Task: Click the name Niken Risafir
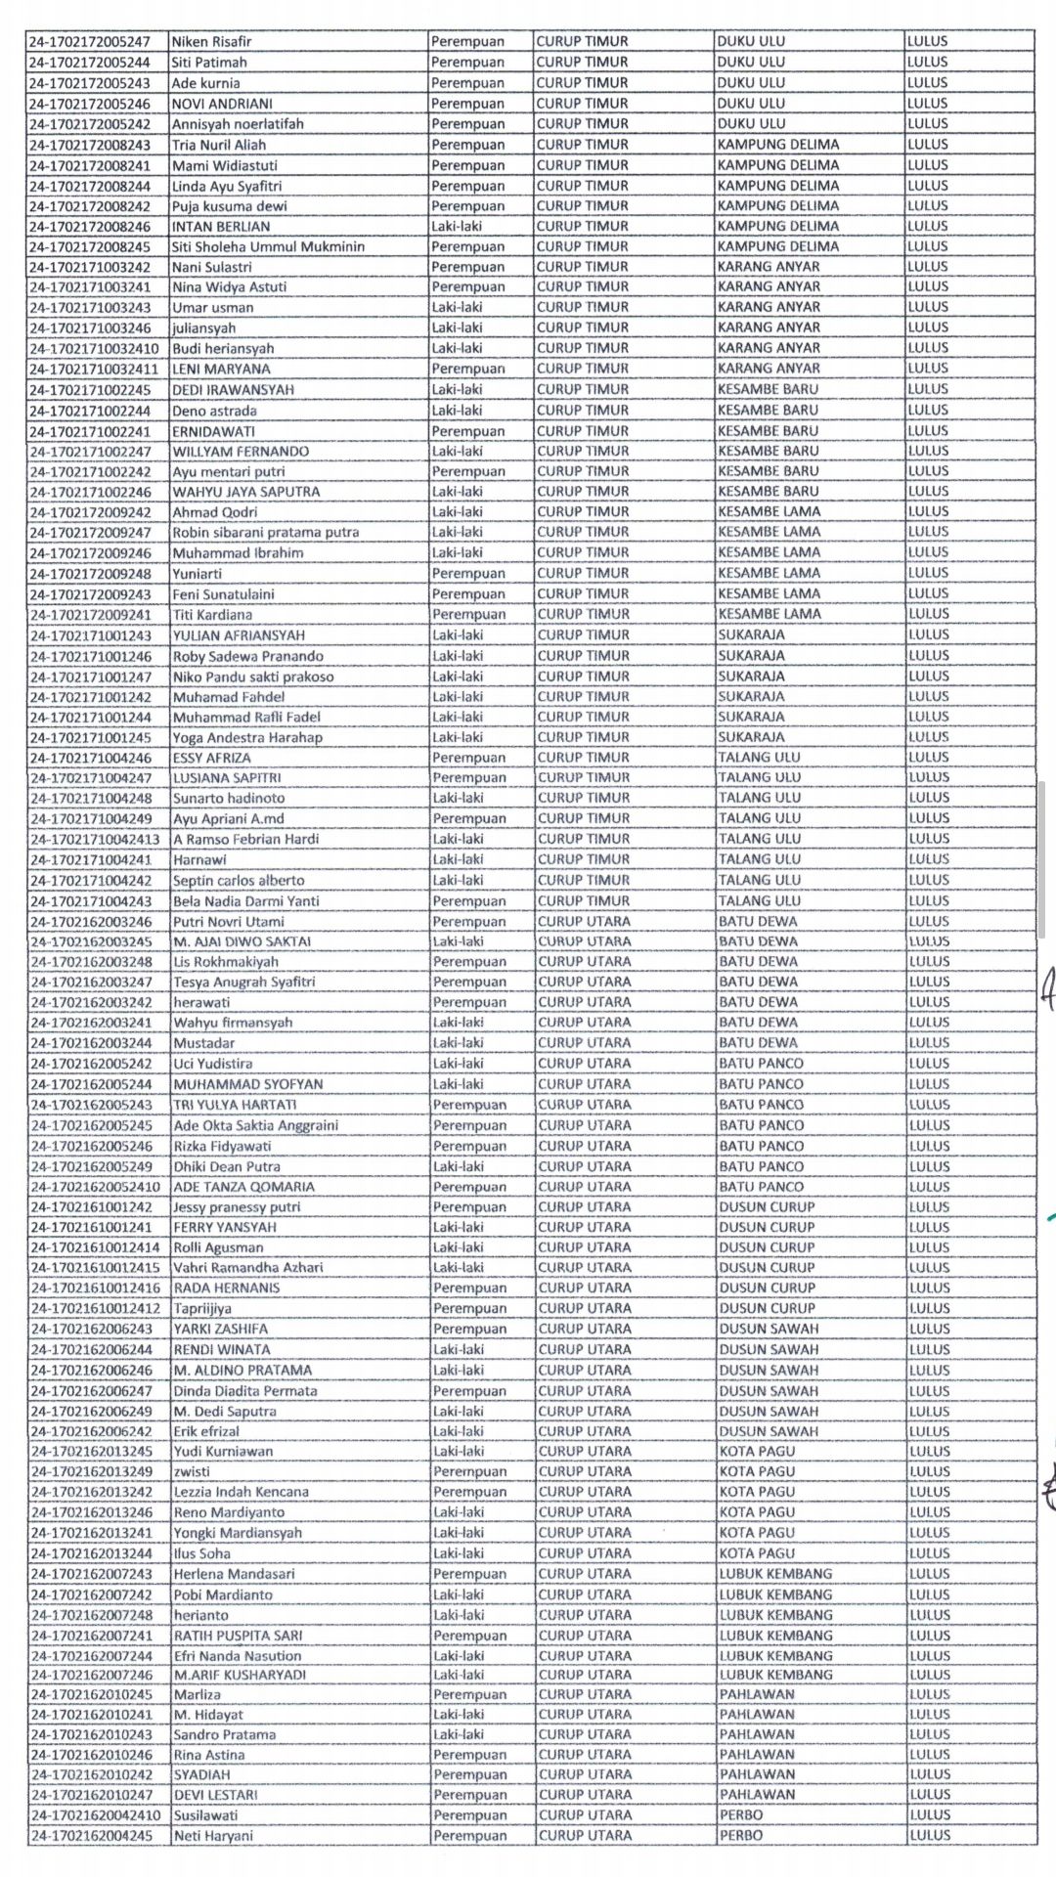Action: pos(204,42)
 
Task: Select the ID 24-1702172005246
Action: pos(90,104)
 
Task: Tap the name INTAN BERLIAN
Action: pos(221,226)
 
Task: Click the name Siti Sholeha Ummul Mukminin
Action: pos(269,246)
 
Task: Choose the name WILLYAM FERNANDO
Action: pos(241,451)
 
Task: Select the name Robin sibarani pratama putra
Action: pos(266,533)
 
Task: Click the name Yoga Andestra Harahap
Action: pos(247,737)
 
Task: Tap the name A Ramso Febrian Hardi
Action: pos(245,839)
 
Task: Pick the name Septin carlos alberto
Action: pos(239,880)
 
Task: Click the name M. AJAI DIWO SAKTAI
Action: pos(242,941)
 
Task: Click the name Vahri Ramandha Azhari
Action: pos(248,1268)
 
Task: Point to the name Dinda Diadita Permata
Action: pos(244,1390)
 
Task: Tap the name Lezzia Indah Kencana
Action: pos(242,1492)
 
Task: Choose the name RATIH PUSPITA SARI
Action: pos(238,1635)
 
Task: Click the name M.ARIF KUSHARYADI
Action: pos(240,1675)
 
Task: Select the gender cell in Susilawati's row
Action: pos(469,1815)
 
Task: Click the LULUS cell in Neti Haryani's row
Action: pos(929,1835)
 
